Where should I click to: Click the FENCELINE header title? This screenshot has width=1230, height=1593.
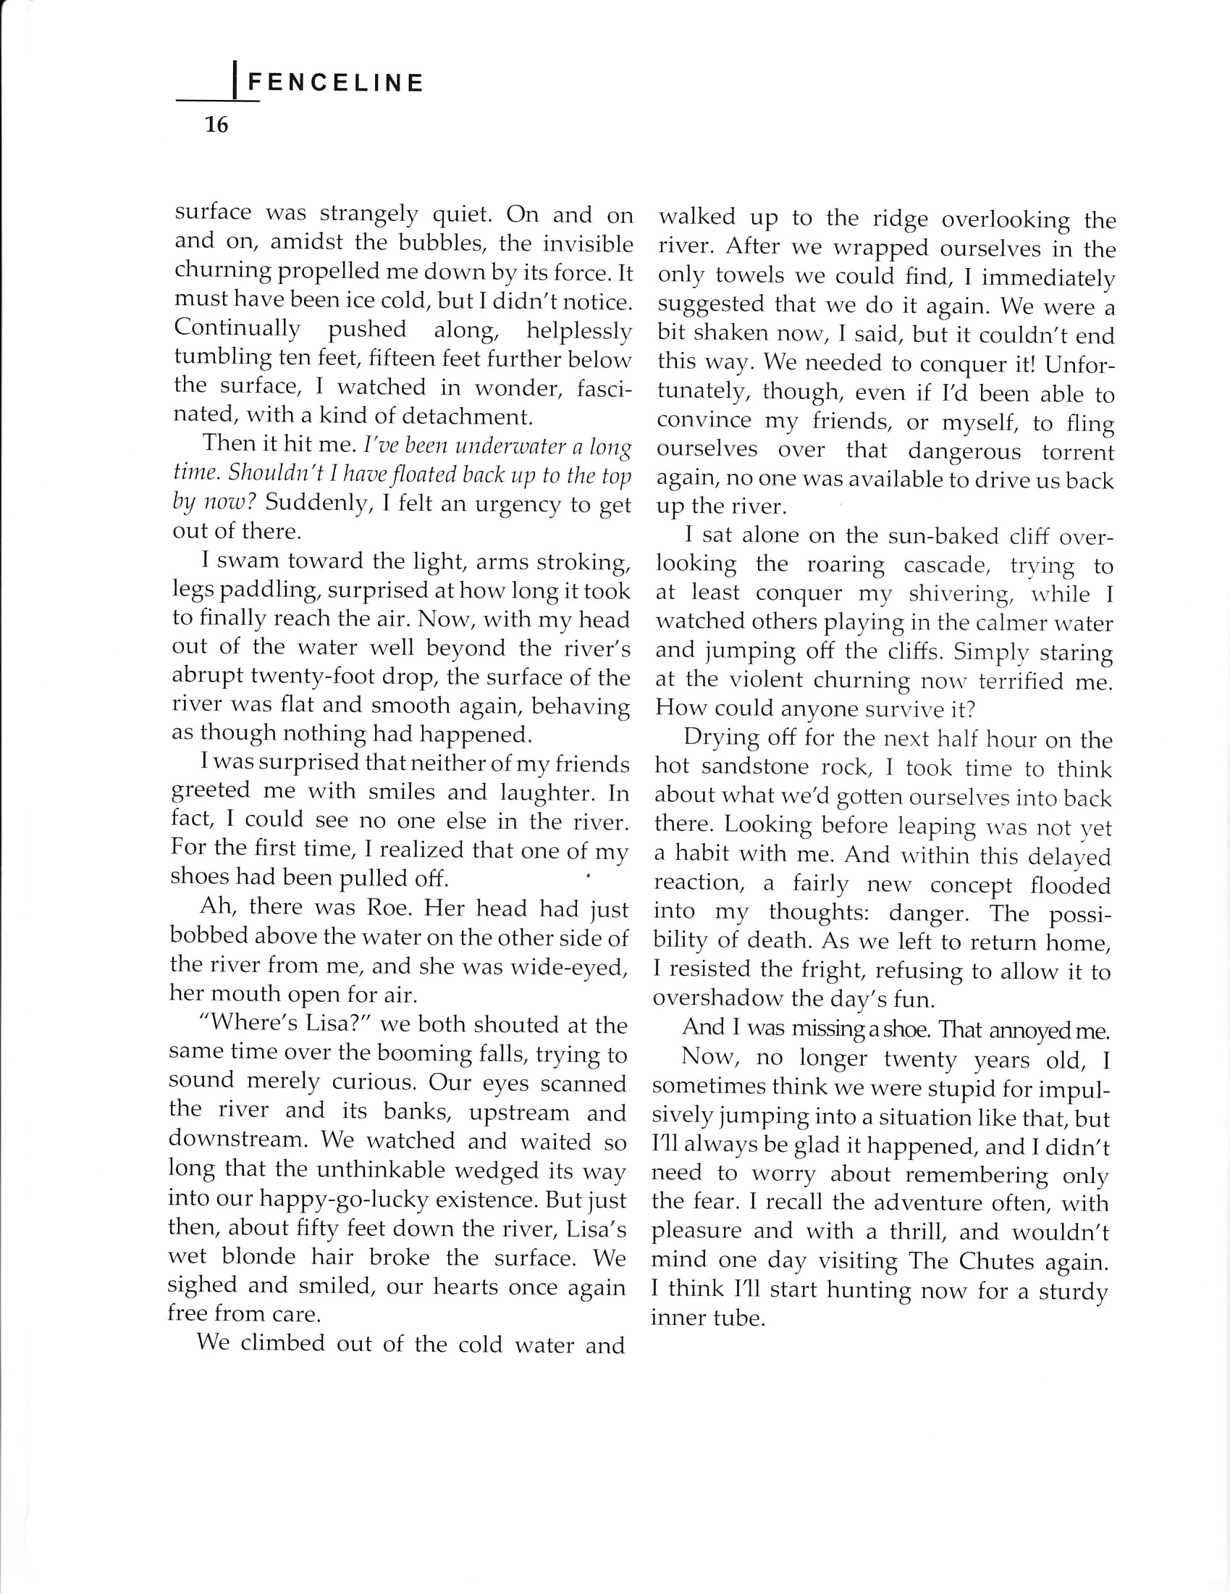pos(335,83)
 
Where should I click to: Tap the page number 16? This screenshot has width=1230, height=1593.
pos(216,125)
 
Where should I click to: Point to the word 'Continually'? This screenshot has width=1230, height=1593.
pos(237,329)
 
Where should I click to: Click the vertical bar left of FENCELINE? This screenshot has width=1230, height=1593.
pos(233,80)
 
